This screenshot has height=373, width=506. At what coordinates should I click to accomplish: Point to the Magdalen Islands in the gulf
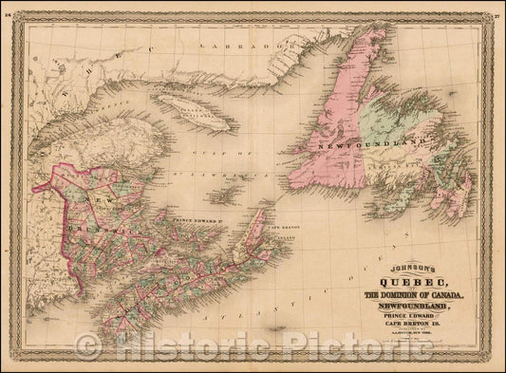(x=227, y=195)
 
